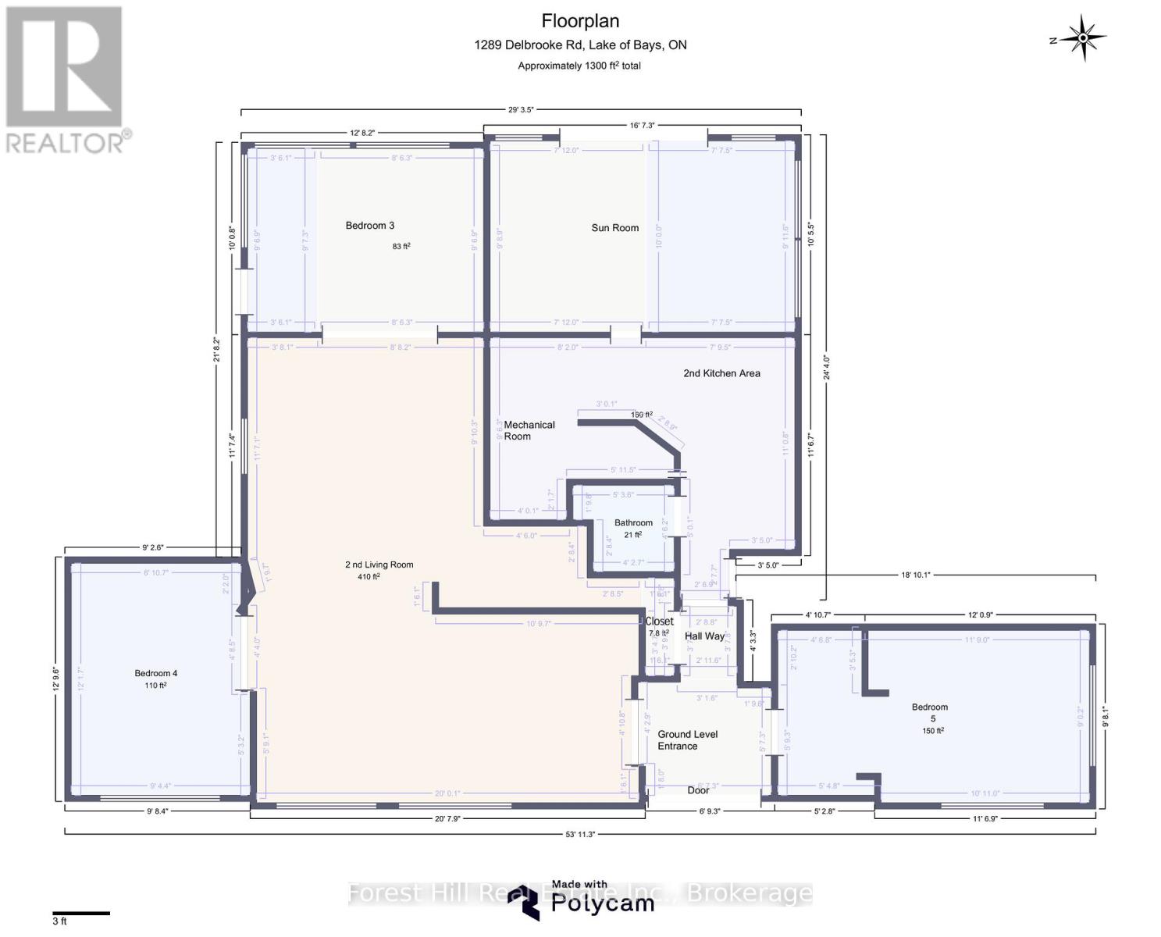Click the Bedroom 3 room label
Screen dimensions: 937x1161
point(369,226)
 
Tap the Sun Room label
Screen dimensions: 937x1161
point(614,228)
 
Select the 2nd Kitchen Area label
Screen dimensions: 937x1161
point(721,373)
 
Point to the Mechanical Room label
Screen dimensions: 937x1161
point(529,430)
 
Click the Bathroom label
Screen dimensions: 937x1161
point(632,523)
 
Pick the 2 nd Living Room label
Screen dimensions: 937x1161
point(379,565)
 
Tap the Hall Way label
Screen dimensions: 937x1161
point(704,636)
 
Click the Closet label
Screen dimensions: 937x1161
point(659,622)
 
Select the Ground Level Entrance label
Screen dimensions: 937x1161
point(687,740)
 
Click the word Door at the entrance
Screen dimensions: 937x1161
point(698,790)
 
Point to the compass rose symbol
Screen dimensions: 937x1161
point(1084,37)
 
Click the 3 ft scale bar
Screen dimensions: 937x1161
point(81,913)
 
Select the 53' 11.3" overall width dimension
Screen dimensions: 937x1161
point(580,834)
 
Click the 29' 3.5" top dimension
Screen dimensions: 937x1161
point(521,110)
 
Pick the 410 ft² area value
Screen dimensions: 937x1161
point(364,577)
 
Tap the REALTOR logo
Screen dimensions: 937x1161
point(65,78)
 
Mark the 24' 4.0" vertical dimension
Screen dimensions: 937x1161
point(826,368)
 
